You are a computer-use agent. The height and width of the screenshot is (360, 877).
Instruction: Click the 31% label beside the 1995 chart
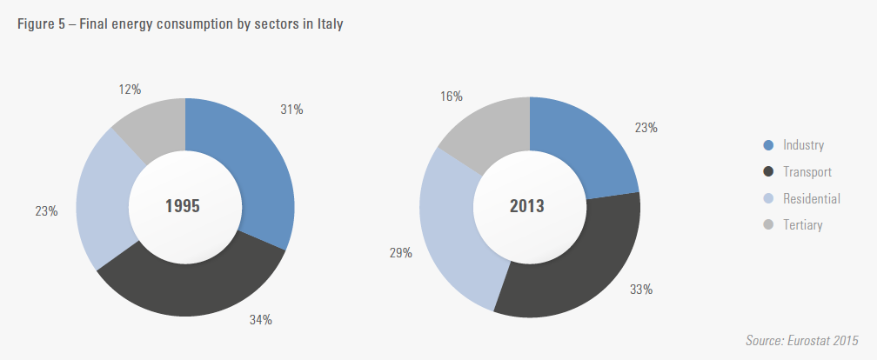[x=291, y=110]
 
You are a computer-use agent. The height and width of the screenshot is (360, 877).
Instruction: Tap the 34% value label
[x=261, y=320]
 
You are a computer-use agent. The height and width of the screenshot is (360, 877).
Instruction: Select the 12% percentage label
[x=129, y=89]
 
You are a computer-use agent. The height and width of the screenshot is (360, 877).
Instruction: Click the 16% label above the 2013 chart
[x=451, y=97]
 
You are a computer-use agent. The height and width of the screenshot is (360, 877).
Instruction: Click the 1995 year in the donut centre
[x=183, y=207]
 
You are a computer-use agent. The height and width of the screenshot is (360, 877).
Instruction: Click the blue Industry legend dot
[x=767, y=145]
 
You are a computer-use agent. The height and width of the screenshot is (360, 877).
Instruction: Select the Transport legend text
[x=807, y=172]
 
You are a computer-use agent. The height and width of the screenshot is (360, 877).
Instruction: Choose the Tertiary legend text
[x=802, y=225]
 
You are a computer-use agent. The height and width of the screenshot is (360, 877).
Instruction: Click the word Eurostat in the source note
[x=811, y=339]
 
